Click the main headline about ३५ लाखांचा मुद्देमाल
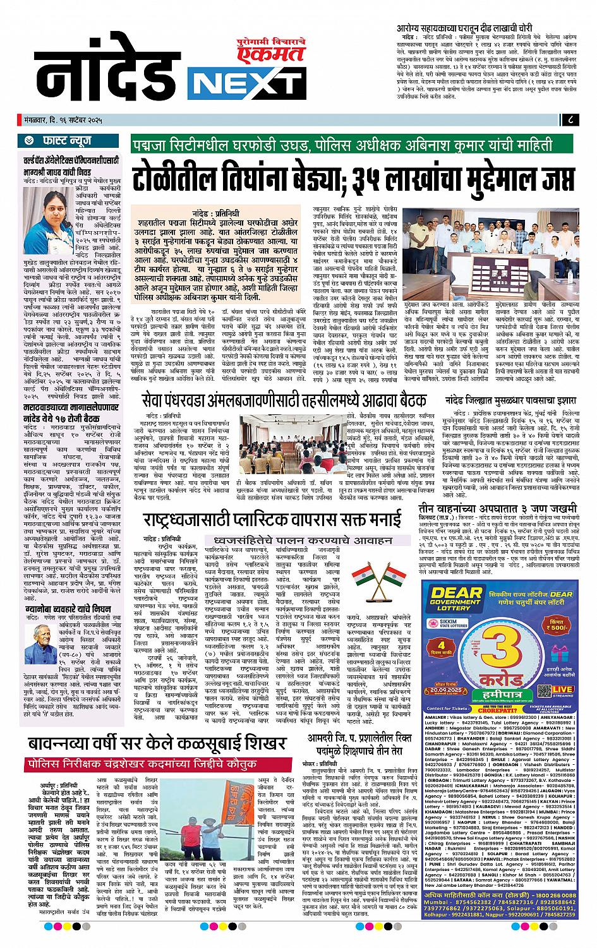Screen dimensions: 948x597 [353, 176]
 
